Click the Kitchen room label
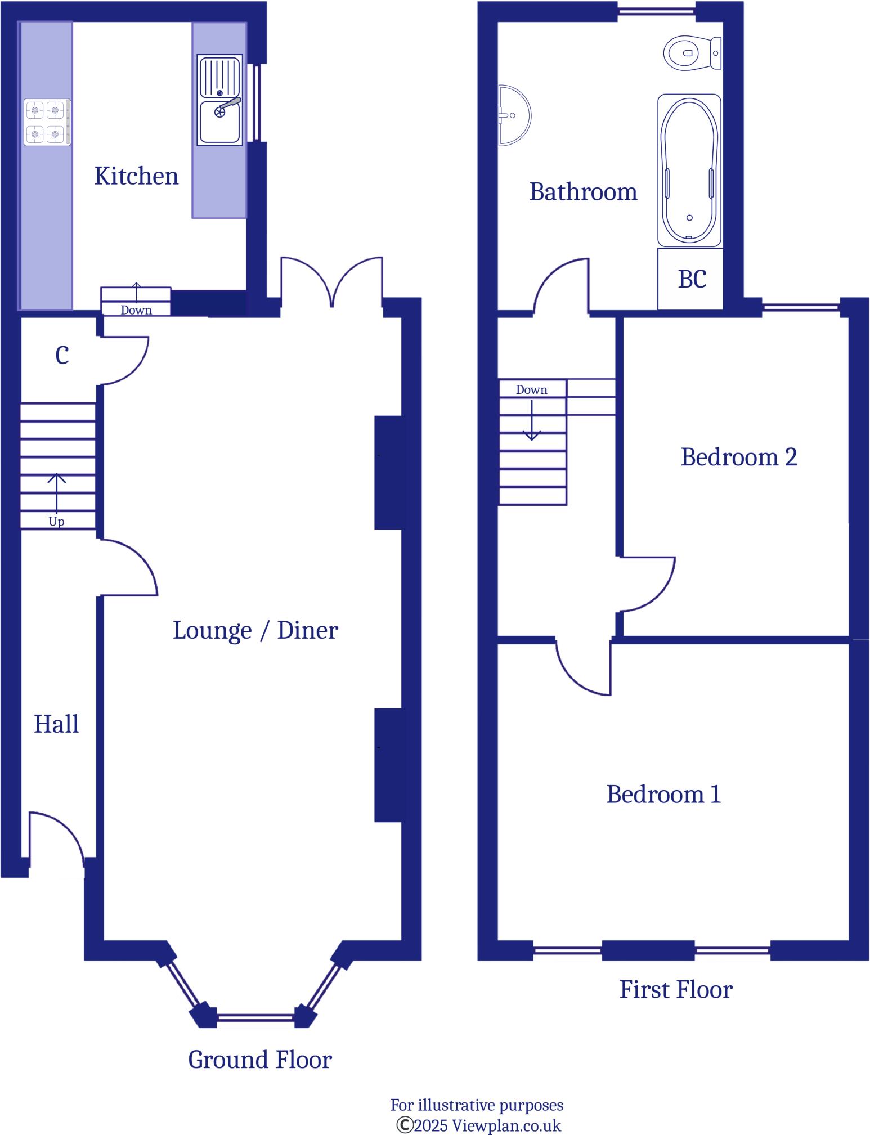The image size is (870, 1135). [x=136, y=176]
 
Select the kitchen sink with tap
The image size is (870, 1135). [x=219, y=100]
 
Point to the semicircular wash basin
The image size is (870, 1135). [x=513, y=116]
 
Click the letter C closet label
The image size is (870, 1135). [x=62, y=356]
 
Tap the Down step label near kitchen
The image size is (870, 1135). [x=136, y=310]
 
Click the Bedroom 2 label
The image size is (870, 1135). [x=738, y=457]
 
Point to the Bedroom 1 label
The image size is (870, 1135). [x=663, y=795]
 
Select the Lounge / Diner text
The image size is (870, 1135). [x=255, y=630]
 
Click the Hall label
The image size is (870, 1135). [x=56, y=724]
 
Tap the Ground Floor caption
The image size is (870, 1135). [x=259, y=1060]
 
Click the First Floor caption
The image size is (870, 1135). [x=676, y=990]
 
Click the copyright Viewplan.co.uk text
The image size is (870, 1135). [x=479, y=1125]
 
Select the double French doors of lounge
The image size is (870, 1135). [x=331, y=281]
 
